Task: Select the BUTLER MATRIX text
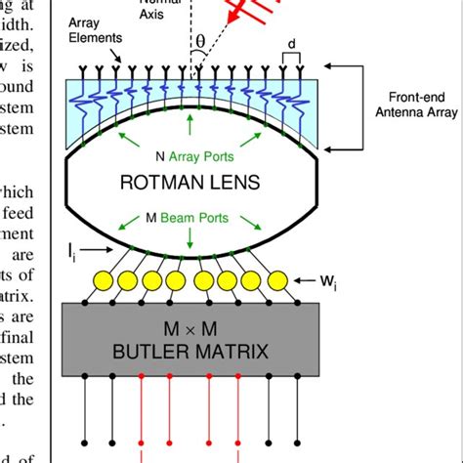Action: click(x=189, y=348)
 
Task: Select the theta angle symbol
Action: click(x=202, y=42)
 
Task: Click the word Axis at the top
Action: click(x=180, y=15)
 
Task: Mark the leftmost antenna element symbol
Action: click(x=72, y=69)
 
